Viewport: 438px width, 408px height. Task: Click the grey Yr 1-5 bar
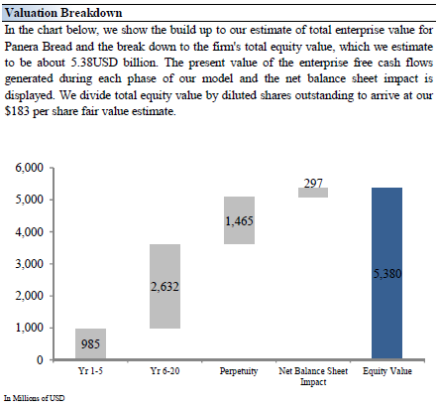tap(90, 343)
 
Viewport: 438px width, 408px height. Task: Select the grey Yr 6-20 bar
tap(164, 286)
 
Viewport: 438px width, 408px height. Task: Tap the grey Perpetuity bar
tap(239, 220)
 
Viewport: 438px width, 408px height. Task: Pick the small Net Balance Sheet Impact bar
tap(313, 193)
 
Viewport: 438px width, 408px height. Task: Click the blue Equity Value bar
tap(386, 273)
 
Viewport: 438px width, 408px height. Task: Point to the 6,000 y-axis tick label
tap(29, 168)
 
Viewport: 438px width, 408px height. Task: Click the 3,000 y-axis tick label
tap(29, 264)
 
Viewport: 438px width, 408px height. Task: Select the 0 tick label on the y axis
tap(40, 359)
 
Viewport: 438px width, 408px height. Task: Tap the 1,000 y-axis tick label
tap(29, 328)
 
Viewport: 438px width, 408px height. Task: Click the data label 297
tap(313, 183)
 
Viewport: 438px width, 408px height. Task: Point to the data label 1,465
tap(239, 220)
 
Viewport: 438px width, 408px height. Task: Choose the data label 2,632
tap(164, 287)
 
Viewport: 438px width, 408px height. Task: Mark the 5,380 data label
tap(387, 274)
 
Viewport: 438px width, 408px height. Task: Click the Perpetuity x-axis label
tap(239, 371)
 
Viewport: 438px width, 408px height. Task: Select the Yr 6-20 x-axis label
tap(164, 370)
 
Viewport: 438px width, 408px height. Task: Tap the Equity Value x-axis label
tap(387, 371)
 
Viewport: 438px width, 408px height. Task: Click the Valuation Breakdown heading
tap(63, 13)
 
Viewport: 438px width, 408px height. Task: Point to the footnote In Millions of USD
tap(35, 398)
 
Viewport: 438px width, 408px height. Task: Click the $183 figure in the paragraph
tap(17, 111)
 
